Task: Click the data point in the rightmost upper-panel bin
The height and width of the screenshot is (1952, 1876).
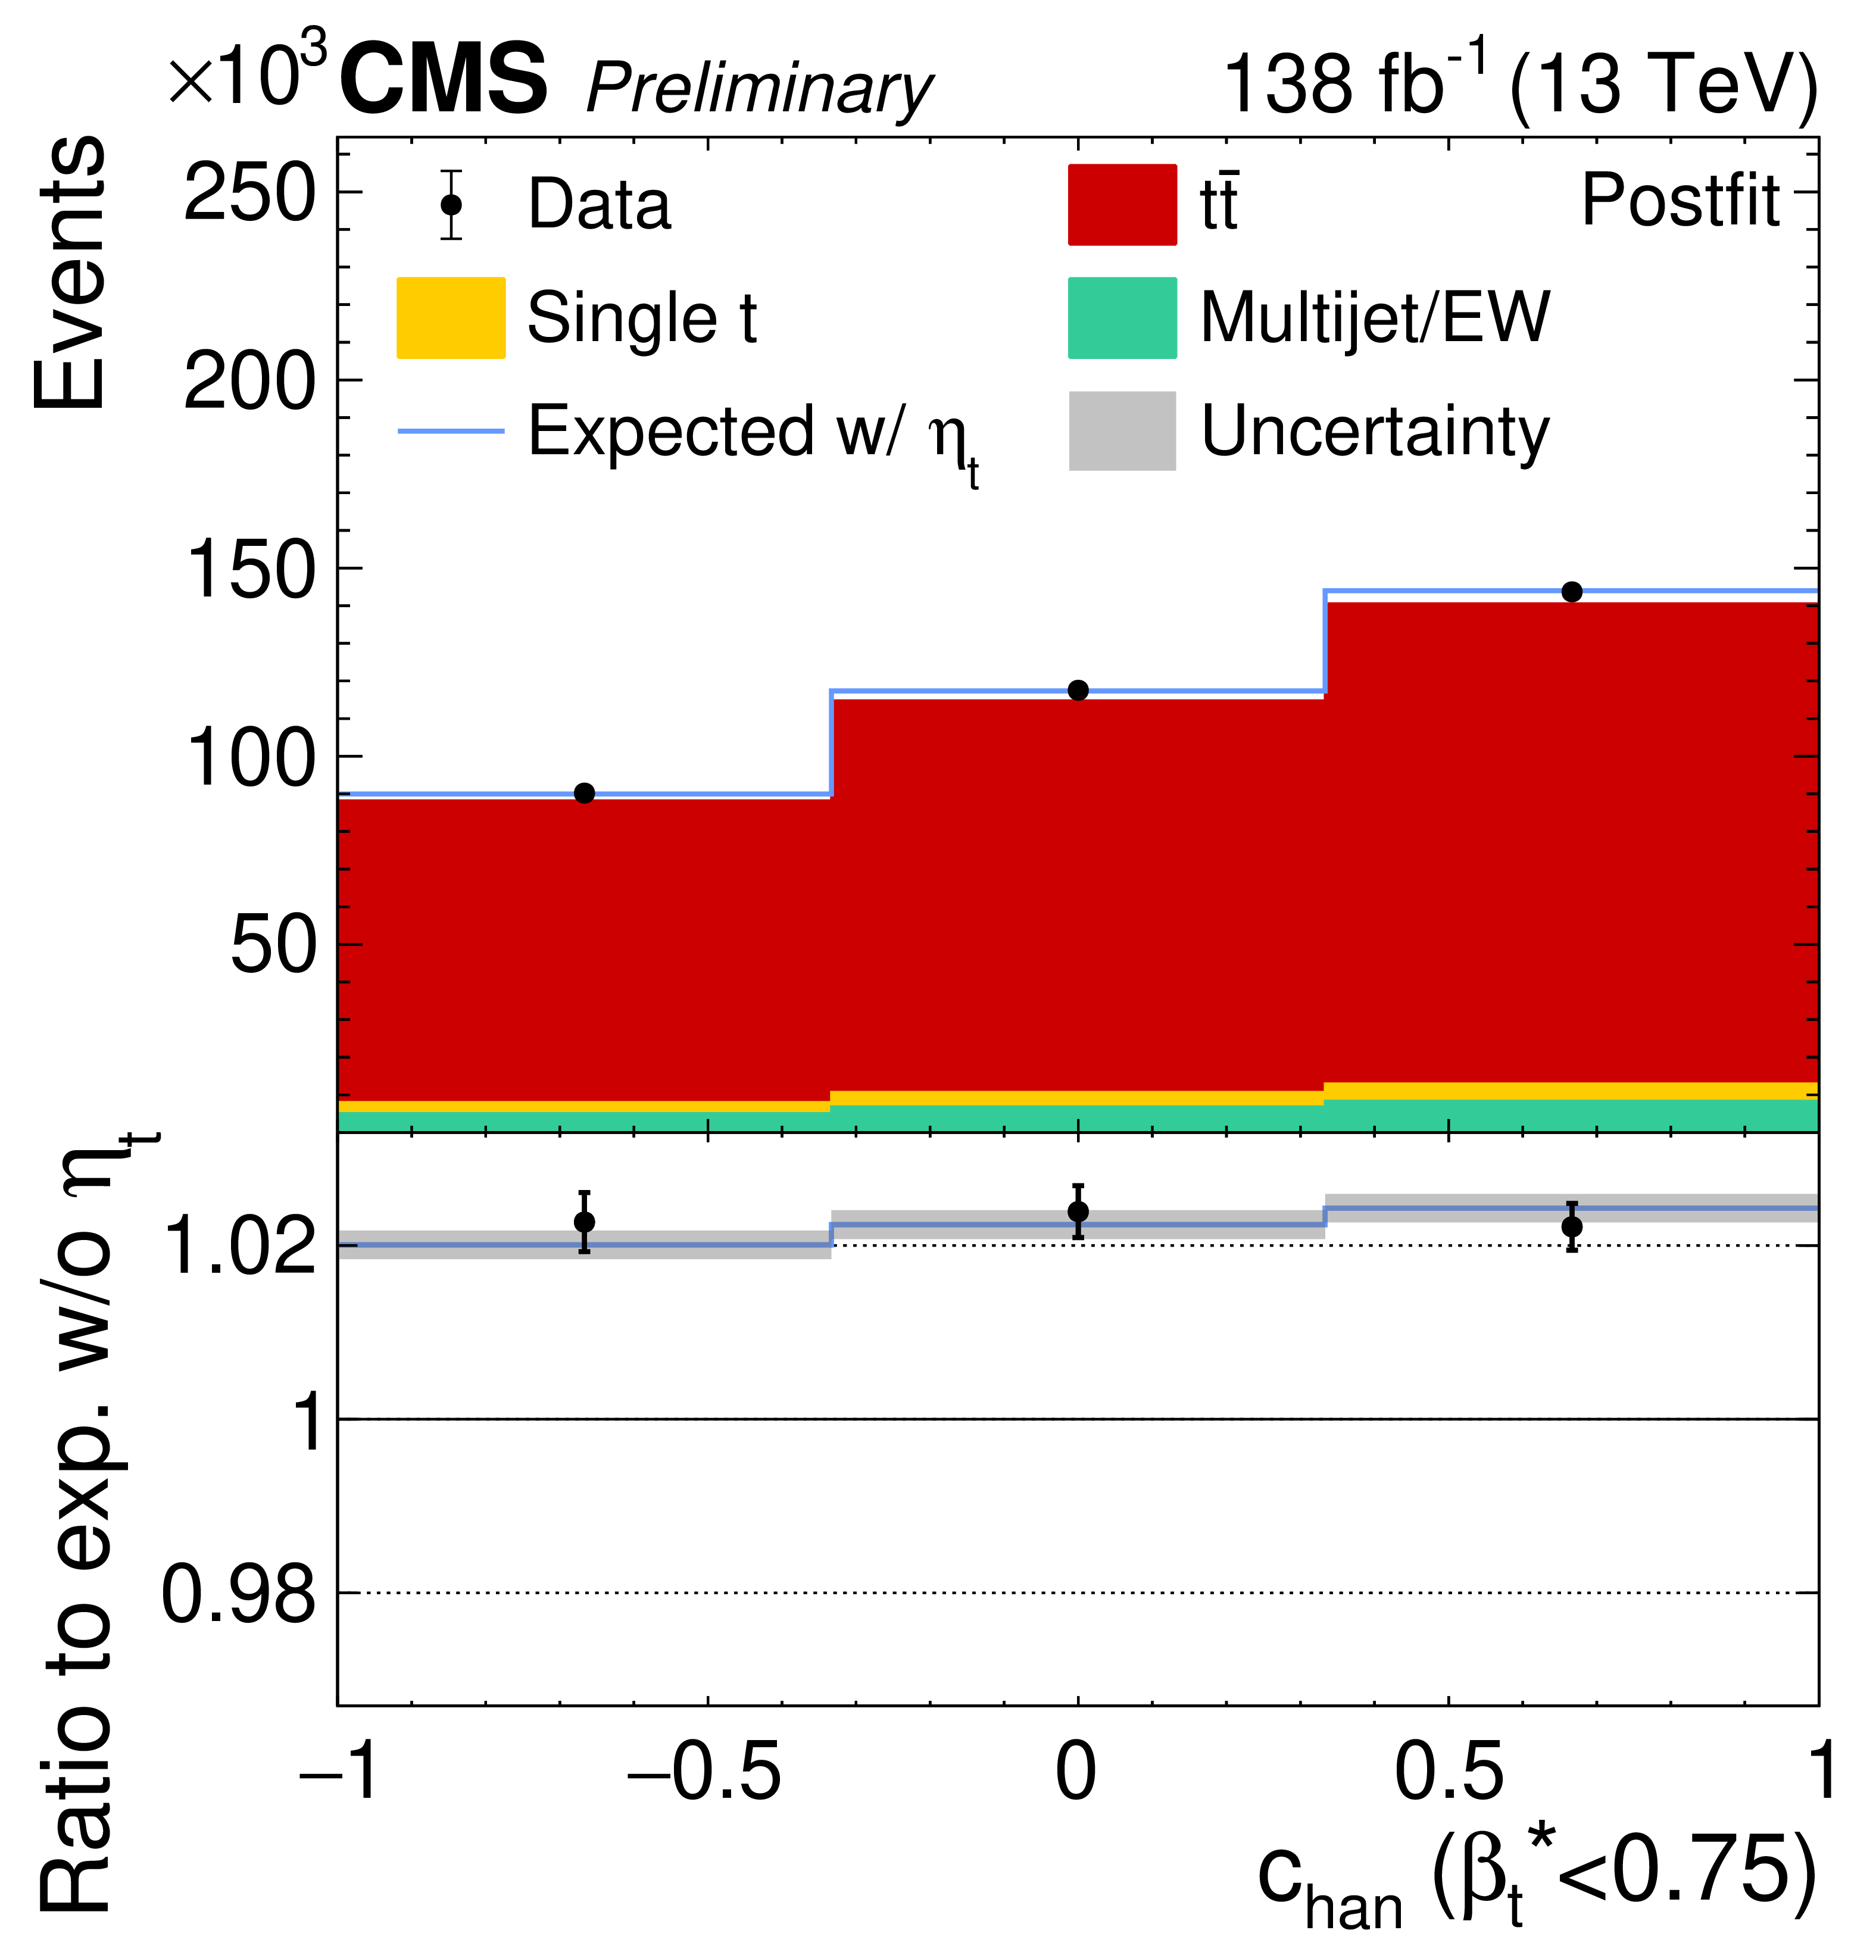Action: tap(1571, 592)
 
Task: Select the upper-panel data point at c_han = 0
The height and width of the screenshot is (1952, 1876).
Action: tap(1077, 690)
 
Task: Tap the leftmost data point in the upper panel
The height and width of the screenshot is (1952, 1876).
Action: tap(585, 793)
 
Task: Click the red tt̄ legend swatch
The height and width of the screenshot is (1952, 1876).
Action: tap(1122, 204)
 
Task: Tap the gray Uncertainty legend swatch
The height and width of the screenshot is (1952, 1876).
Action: tap(1122, 430)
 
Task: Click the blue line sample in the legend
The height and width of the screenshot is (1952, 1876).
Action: tap(450, 430)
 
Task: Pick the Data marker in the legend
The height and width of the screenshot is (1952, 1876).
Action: tap(451, 204)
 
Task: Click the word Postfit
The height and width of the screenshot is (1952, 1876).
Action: tap(1680, 201)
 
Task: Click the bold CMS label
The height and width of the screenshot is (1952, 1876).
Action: tap(444, 80)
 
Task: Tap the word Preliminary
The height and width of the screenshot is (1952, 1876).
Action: tap(759, 90)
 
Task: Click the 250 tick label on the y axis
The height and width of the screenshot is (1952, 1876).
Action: tap(249, 193)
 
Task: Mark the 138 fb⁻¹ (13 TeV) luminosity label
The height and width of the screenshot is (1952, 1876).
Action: tap(1519, 84)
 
